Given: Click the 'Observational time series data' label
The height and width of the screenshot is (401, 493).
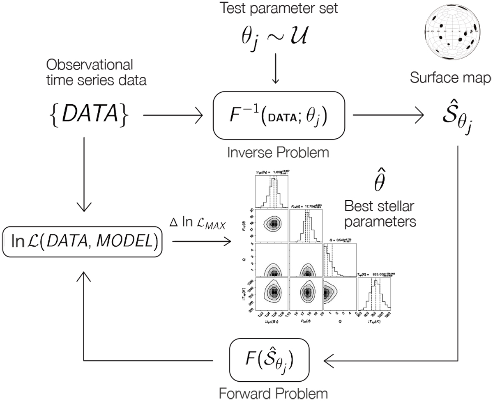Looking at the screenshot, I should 96,72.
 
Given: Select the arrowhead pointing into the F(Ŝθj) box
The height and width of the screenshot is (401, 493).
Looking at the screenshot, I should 329,361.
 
